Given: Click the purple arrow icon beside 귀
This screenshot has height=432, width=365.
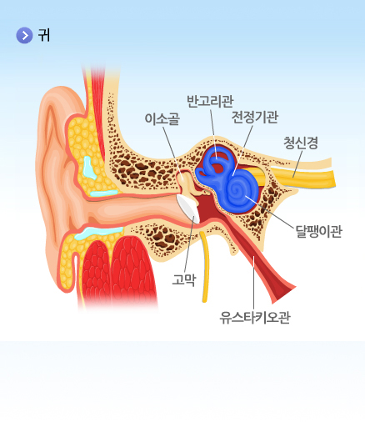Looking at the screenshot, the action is click(x=24, y=35).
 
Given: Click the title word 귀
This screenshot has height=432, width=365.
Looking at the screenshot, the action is click(x=44, y=35).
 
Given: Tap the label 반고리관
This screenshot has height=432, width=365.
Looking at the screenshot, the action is click(x=210, y=101).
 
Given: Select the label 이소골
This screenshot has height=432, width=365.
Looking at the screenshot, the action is click(x=162, y=119).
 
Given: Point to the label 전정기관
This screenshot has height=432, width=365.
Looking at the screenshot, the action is click(x=255, y=117).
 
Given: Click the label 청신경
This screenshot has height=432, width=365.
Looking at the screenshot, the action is click(x=301, y=143).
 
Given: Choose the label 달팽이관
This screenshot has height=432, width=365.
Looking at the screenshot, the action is click(x=318, y=231).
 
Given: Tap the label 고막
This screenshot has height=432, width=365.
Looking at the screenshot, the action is click(x=184, y=279).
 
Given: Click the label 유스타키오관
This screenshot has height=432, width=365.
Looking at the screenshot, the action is click(x=255, y=318).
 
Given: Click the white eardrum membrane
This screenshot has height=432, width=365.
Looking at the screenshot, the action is click(x=189, y=208).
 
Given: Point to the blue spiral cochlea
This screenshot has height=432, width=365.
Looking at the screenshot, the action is click(x=239, y=192).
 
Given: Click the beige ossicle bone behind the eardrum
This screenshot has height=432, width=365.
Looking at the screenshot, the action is click(x=187, y=183).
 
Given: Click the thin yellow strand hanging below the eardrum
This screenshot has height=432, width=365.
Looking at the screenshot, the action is click(x=206, y=267).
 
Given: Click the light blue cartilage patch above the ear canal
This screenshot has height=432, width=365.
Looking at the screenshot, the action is click(x=89, y=168).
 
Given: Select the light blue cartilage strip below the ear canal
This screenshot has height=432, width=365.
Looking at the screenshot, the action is click(x=98, y=233).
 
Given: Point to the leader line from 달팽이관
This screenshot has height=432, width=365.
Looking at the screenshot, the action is click(x=269, y=212).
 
